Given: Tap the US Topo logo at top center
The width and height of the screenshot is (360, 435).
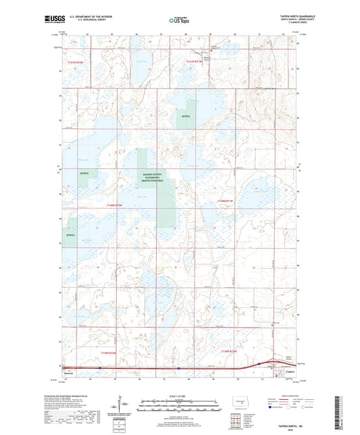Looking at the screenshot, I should pos(180,20).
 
